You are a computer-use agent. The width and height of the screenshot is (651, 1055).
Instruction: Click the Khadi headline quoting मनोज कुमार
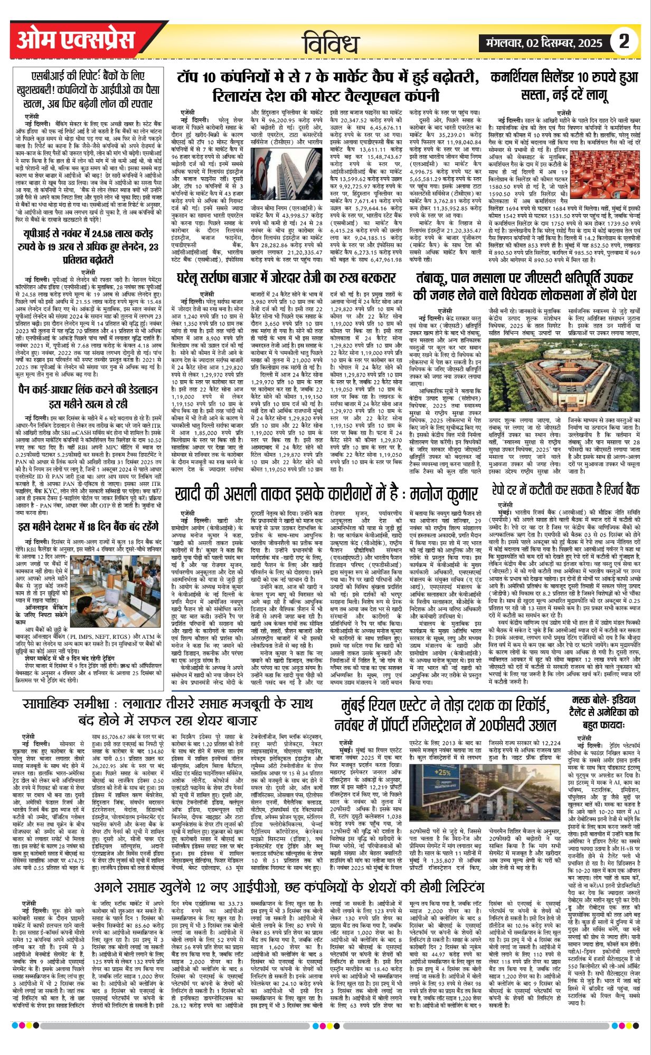tap(326, 494)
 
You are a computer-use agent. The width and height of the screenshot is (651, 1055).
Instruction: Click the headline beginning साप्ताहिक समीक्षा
tap(168, 712)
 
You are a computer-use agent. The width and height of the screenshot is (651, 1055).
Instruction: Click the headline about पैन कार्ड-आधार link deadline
tap(88, 397)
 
